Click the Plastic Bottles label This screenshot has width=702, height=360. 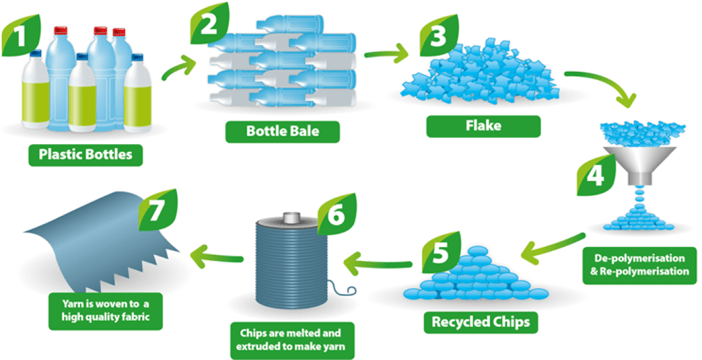tap(86, 155)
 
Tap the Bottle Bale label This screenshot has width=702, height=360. tap(283, 130)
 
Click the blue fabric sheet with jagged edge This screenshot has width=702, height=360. tap(96, 247)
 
